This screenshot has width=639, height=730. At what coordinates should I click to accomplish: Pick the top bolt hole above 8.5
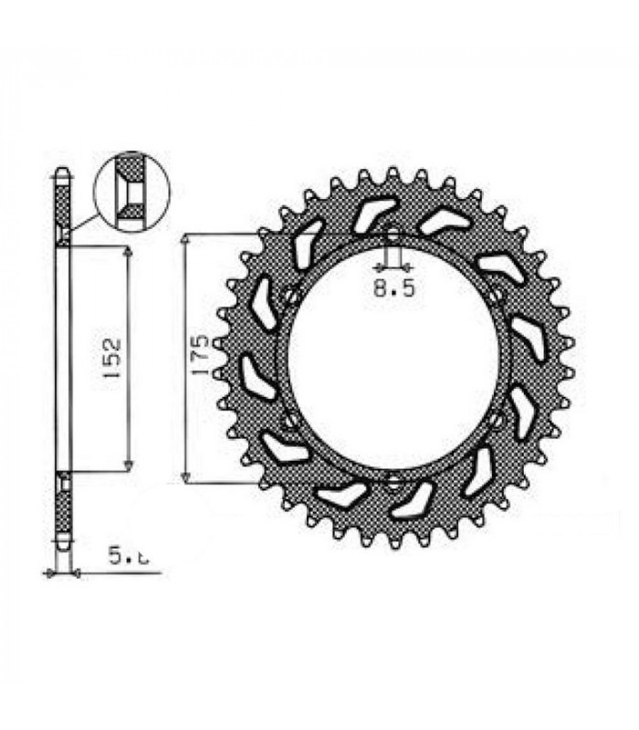(393, 234)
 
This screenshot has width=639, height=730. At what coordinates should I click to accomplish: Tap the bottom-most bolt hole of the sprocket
(393, 482)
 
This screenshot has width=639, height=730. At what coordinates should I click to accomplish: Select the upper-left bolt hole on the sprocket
(291, 296)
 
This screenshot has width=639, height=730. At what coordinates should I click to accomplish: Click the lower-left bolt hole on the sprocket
(291, 420)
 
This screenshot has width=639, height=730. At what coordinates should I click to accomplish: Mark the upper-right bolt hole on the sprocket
(495, 296)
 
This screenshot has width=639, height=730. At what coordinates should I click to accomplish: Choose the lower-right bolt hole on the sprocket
(495, 420)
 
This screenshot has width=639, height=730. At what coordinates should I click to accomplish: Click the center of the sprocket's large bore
(393, 358)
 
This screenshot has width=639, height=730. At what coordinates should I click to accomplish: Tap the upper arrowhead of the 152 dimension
(127, 251)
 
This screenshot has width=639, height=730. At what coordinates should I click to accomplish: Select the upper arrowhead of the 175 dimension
(185, 239)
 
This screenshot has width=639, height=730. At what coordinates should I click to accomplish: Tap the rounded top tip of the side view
(61, 171)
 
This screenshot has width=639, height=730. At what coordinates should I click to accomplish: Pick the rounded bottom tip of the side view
(61, 545)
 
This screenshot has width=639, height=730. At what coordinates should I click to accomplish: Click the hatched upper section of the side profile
(61, 205)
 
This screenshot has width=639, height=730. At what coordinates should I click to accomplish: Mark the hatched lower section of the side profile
(61, 511)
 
